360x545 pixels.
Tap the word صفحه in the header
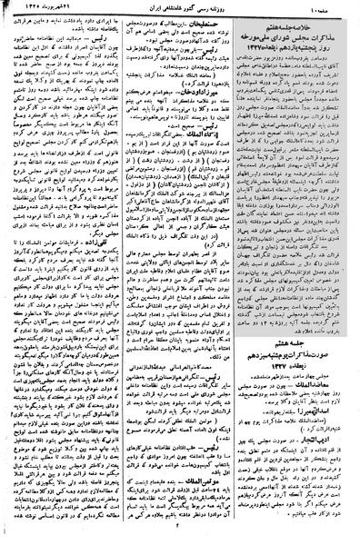340,9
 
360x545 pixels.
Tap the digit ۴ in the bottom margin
180,537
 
